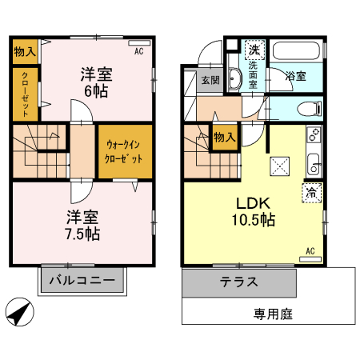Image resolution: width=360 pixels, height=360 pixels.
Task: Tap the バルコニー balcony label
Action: pyautogui.click(x=84, y=281)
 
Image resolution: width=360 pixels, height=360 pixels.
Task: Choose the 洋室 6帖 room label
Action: pyautogui.click(x=96, y=82)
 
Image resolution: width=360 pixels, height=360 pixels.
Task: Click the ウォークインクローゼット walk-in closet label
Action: pyautogui.click(x=125, y=152)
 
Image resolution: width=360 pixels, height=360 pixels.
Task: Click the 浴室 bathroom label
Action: pyautogui.click(x=296, y=77)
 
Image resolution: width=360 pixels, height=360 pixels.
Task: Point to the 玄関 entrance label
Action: pyautogui.click(x=210, y=80)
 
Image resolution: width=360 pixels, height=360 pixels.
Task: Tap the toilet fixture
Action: pyautogui.click(x=307, y=108)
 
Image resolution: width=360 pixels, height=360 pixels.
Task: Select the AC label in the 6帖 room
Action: pyautogui.click(x=138, y=51)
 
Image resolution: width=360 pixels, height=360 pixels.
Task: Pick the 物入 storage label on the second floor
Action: pyautogui.click(x=25, y=51)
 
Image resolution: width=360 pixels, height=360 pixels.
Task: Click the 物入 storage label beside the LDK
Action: pyautogui.click(x=223, y=137)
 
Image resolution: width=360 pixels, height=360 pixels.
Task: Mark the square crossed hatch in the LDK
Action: pyautogui.click(x=279, y=166)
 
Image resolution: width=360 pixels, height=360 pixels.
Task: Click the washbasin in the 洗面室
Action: pyautogui.click(x=235, y=78)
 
